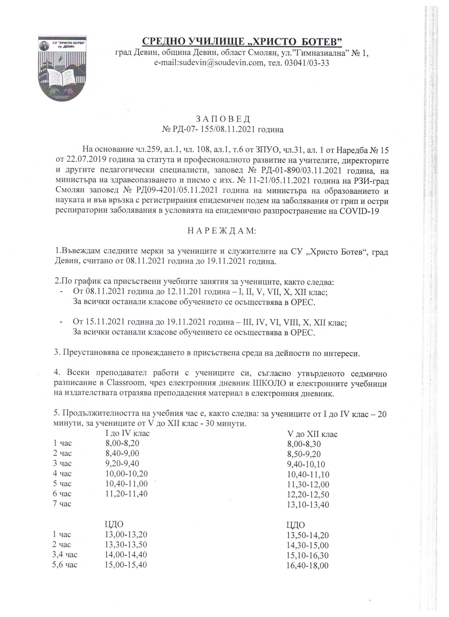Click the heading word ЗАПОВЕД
223,119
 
